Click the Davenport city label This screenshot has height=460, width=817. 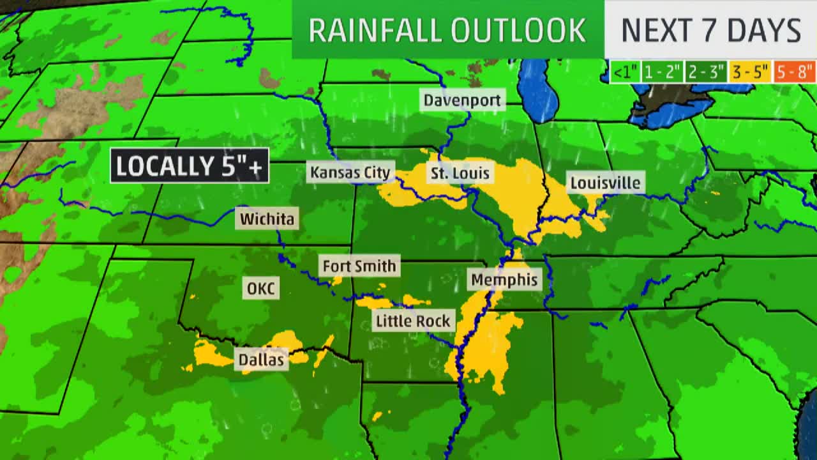coord(463,100)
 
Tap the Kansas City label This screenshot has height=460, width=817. coord(350,172)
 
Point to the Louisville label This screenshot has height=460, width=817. coord(605,183)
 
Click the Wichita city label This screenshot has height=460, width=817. coord(267,219)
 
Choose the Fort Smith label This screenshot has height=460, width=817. coord(359,266)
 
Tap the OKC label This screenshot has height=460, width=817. coord(260,289)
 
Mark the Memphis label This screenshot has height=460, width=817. coord(504,280)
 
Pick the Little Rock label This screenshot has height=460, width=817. coord(413,321)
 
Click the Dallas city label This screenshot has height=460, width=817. coord(261,360)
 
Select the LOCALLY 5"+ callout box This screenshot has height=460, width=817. coord(189,166)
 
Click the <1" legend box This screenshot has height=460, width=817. coord(624,72)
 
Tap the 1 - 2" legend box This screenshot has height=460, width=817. coord(662,72)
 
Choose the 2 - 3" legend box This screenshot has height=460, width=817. coord(705,72)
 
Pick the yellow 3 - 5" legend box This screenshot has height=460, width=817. coord(750,72)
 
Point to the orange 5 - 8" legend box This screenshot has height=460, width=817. coord(794,72)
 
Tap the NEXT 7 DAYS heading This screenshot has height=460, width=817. coord(710,30)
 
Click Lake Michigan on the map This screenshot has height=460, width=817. coord(538,89)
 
